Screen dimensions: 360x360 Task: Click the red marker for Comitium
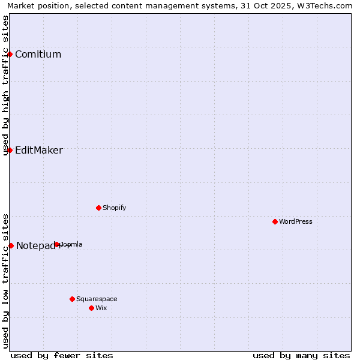(10, 55)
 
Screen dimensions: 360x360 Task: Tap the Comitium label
(38, 55)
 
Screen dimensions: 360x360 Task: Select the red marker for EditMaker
(10, 150)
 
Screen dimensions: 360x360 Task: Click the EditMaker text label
(38, 151)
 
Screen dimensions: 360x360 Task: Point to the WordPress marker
(275, 222)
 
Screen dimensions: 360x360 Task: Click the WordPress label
(296, 222)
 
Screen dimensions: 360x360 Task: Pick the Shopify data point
(98, 208)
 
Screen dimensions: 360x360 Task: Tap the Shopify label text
(114, 208)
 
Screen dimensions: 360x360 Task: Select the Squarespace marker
(72, 299)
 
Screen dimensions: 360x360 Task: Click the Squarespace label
(97, 299)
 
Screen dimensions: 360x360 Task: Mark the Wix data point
(91, 308)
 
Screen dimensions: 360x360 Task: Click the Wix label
(101, 308)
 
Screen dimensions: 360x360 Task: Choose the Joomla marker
(57, 244)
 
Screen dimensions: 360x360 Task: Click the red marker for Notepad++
(11, 245)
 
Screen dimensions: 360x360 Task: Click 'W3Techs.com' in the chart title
(328, 6)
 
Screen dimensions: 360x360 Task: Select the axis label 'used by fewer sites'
(62, 355)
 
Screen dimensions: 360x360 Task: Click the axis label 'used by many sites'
(301, 355)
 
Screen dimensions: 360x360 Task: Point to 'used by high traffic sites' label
(5, 85)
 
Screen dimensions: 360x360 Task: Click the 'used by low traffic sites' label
(5, 281)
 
